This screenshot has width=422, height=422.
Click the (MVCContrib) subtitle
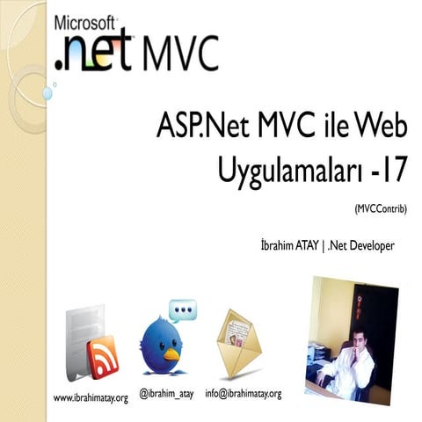pos(382,208)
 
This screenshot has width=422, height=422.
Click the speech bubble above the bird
pos(182,310)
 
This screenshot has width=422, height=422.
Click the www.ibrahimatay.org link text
pos(91,398)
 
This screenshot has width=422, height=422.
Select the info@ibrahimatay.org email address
pos(243,392)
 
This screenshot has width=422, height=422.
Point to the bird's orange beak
pos(171,354)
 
